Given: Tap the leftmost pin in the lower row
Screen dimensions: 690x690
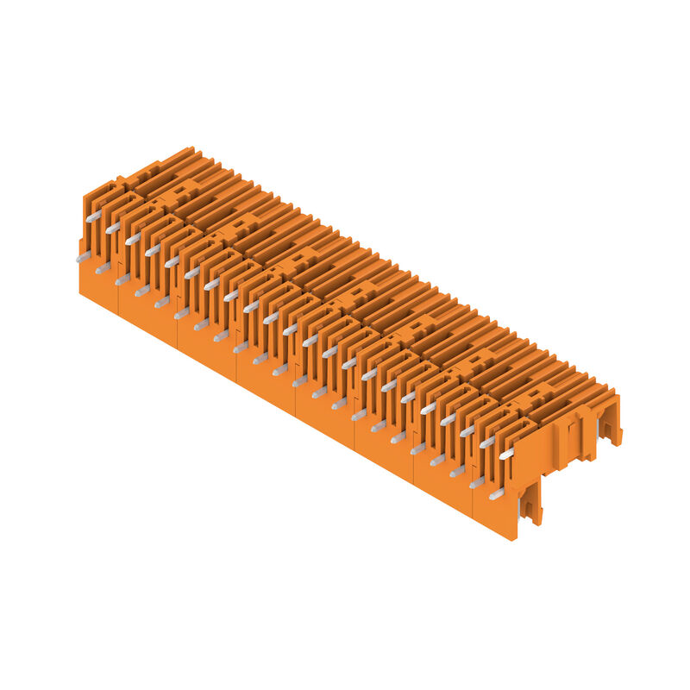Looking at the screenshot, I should tap(83, 256).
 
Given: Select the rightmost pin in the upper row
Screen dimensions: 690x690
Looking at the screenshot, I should tap(506, 452).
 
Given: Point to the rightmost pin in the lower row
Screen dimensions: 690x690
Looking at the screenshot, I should tap(496, 493).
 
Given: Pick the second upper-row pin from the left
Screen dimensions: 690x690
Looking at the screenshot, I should tap(113, 227).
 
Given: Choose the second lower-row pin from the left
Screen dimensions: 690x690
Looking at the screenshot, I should tap(103, 268).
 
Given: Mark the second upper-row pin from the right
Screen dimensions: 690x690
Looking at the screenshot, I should tap(486, 442).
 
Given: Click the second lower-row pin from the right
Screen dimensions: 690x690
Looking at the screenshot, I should tap(476, 483).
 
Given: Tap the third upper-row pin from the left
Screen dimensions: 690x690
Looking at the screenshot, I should tap(133, 238).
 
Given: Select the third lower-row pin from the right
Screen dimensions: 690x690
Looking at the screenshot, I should tap(457, 472).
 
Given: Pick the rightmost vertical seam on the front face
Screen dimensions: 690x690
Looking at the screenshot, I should tap(473, 505).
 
